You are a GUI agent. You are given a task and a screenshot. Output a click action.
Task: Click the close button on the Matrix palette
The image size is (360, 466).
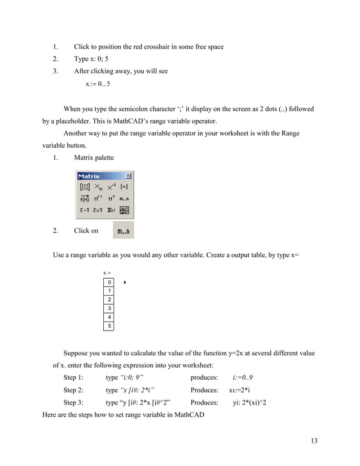[x=128, y=176]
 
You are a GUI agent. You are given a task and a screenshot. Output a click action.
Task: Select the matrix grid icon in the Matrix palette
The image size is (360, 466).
[x=84, y=187]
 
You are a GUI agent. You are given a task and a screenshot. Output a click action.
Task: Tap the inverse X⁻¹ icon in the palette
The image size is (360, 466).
[x=111, y=187]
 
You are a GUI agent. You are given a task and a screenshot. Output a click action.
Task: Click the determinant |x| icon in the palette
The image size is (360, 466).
[x=125, y=187]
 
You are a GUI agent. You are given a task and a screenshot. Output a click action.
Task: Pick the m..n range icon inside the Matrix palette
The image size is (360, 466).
[x=125, y=199]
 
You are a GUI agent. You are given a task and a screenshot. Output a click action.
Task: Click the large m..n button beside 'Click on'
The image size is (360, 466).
[x=123, y=231]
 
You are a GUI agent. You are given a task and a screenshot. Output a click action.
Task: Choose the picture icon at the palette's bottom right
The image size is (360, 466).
[x=125, y=210]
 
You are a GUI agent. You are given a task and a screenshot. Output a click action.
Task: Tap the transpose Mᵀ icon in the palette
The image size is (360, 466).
[x=111, y=199]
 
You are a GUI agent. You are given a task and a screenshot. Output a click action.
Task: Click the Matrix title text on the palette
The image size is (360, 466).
[x=89, y=176]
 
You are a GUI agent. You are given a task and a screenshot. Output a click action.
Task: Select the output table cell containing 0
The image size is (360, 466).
[x=109, y=282]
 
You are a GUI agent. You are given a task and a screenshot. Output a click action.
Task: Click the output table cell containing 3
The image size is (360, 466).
[x=109, y=308]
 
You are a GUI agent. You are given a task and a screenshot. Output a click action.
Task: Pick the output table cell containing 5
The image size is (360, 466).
[x=109, y=326]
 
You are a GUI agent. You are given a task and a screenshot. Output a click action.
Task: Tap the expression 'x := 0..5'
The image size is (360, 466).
[x=98, y=85]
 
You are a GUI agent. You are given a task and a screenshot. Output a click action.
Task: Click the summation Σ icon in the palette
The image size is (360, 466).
[x=111, y=210]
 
